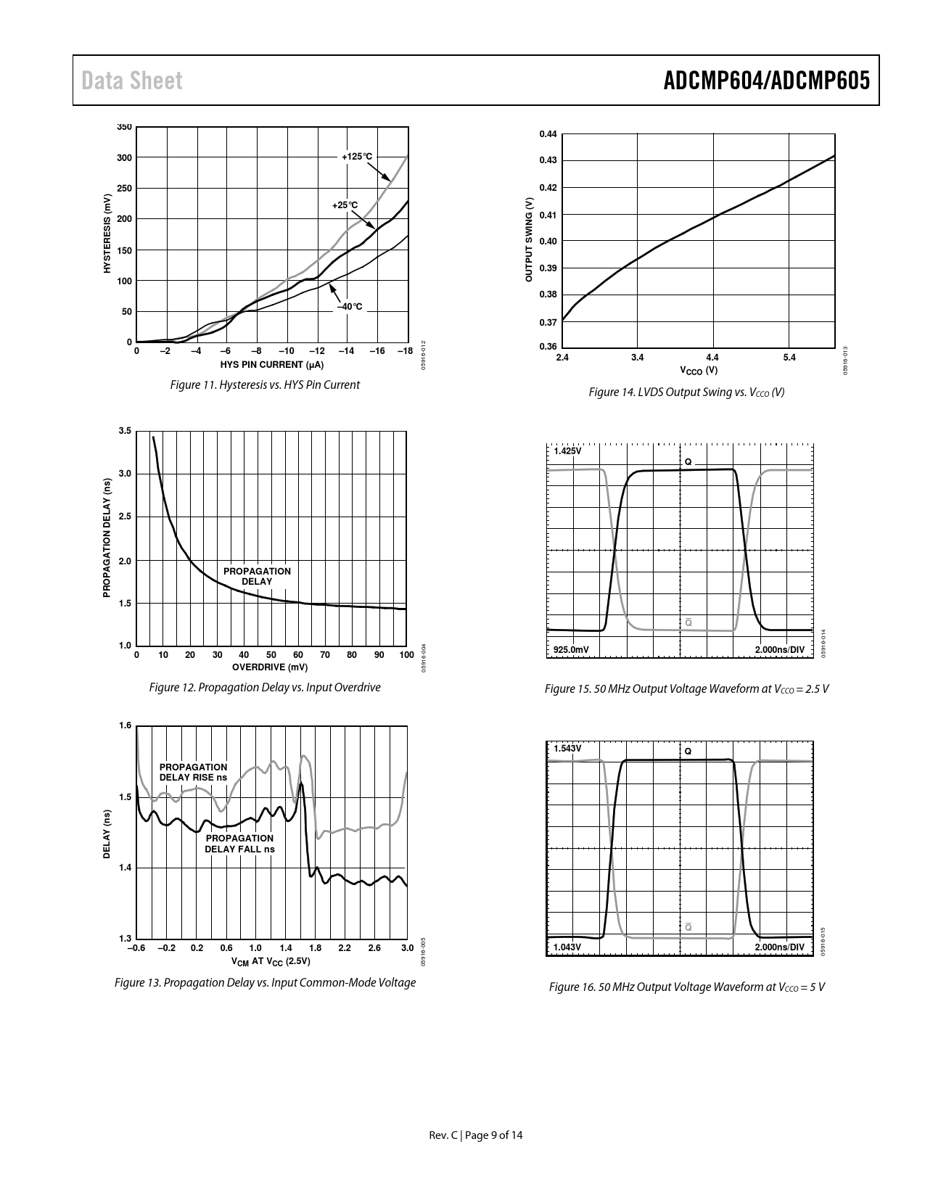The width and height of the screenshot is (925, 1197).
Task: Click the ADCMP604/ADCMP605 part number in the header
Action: (766, 81)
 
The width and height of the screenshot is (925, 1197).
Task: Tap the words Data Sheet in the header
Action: (132, 81)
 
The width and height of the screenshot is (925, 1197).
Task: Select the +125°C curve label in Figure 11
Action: (357, 157)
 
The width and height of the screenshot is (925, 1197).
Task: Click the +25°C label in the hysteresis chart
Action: (345, 205)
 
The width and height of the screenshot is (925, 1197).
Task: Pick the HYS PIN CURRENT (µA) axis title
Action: (272, 364)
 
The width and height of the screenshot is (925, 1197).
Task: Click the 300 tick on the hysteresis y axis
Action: (124, 157)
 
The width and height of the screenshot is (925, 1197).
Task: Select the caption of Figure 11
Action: (265, 384)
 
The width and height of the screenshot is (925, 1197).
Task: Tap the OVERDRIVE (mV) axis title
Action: (270, 667)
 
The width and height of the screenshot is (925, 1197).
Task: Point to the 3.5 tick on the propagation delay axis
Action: (124, 431)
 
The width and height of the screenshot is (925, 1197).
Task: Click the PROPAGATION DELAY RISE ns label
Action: (193, 772)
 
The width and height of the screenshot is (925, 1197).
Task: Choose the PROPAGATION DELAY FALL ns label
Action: (239, 844)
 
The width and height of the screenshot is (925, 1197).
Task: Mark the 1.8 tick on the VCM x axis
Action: (315, 947)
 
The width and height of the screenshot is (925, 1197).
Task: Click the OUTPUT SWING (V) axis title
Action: (529, 240)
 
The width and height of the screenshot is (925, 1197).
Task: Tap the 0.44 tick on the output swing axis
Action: (548, 134)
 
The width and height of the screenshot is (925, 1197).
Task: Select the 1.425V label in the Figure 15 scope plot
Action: (567, 451)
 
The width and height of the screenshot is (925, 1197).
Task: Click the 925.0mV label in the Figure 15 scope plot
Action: (572, 649)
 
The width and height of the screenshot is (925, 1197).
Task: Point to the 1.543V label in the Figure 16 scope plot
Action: (567, 748)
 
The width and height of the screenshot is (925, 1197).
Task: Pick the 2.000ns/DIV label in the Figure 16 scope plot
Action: (780, 947)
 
